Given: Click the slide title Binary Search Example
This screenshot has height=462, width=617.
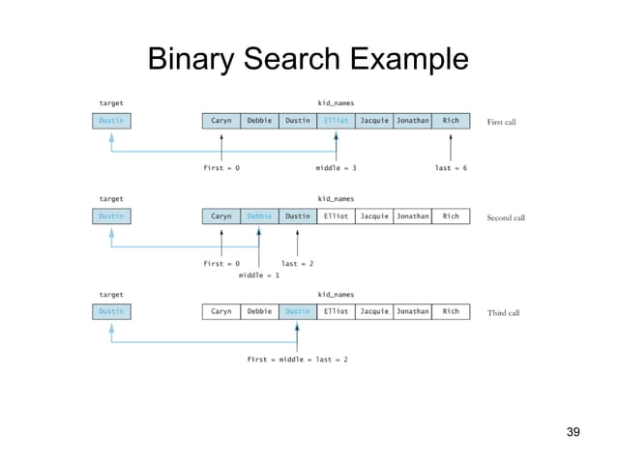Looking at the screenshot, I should click(x=308, y=60).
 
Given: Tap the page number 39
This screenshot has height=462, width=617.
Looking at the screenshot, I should click(x=573, y=431).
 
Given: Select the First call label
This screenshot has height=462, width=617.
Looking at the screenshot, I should click(x=502, y=122).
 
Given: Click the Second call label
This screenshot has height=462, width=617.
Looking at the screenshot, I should click(x=506, y=217).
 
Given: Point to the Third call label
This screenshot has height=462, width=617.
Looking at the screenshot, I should click(x=503, y=312).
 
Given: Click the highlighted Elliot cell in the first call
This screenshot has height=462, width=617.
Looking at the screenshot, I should click(x=336, y=121).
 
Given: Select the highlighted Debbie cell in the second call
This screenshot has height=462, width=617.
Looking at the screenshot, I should click(x=259, y=217).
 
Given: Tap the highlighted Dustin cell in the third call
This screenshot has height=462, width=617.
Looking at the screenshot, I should click(x=298, y=311).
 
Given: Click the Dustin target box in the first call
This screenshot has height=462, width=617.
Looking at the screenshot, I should click(x=111, y=121).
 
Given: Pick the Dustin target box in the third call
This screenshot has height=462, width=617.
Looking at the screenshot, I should click(x=111, y=311).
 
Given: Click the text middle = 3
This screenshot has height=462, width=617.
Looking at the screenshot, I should click(x=336, y=168).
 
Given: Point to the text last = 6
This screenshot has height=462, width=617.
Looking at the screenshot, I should click(x=451, y=168).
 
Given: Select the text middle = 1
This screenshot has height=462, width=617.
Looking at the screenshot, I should click(x=259, y=275).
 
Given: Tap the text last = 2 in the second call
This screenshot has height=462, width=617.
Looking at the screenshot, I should click(x=297, y=263).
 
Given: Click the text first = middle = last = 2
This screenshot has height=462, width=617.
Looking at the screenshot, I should click(x=297, y=359).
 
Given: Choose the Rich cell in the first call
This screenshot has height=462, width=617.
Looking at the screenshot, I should click(x=451, y=121).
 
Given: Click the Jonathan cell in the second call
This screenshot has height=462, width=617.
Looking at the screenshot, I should click(x=412, y=217).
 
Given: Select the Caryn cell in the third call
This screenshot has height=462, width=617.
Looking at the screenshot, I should click(x=221, y=311).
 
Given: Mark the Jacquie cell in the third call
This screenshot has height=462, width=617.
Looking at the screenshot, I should click(x=374, y=311).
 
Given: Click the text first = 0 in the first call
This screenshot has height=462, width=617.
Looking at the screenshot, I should click(x=221, y=168).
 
